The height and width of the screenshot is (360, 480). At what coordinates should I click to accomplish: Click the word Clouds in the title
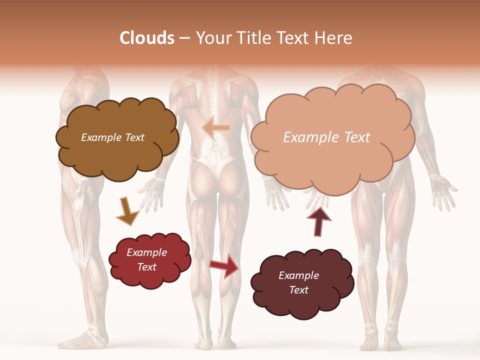click(147, 38)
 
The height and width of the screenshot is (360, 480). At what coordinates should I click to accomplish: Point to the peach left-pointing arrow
click(215, 128)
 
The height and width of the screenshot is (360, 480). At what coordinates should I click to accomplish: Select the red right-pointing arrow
click(224, 265)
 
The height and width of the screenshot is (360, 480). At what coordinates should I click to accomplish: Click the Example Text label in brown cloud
click(112, 137)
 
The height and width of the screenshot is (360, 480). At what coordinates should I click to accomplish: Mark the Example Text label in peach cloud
click(326, 137)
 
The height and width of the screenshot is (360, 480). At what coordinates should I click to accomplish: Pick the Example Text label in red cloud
click(146, 259)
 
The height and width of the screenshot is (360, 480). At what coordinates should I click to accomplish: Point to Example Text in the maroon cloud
click(298, 282)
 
